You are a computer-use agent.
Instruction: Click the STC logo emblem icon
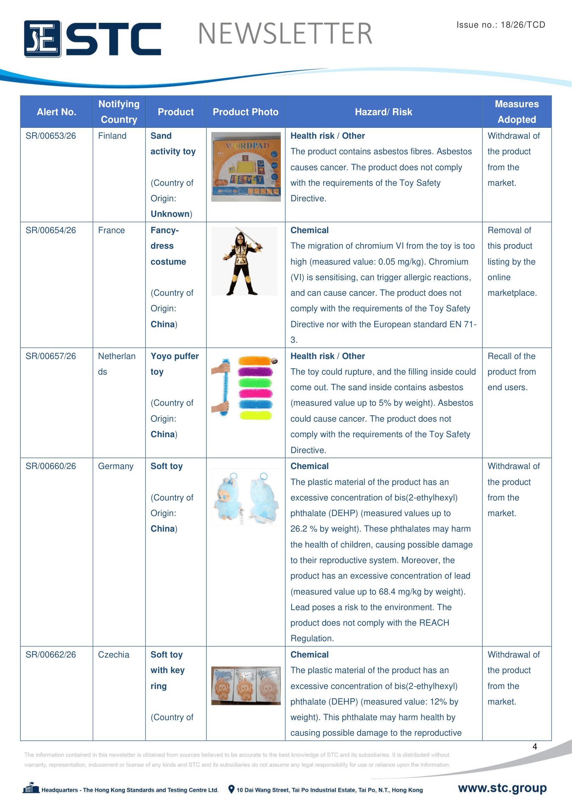coord(42,39)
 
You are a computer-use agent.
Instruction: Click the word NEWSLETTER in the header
coord(285,34)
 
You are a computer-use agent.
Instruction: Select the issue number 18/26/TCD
coord(523,25)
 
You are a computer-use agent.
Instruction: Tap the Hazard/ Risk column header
coord(383,112)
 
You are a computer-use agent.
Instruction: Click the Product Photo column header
coord(246,112)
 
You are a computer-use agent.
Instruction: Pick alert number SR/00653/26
coord(51,136)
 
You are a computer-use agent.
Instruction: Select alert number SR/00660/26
coord(51,466)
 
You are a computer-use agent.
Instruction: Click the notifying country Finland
coord(112,136)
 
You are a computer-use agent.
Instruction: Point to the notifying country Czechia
coord(113,655)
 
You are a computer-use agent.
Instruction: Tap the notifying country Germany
coord(116,466)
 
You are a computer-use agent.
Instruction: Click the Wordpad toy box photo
coord(246,167)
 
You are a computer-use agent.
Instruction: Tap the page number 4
coord(535,746)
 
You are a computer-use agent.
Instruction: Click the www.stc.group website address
coord(502,788)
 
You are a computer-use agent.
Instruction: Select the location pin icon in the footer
coord(231,789)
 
